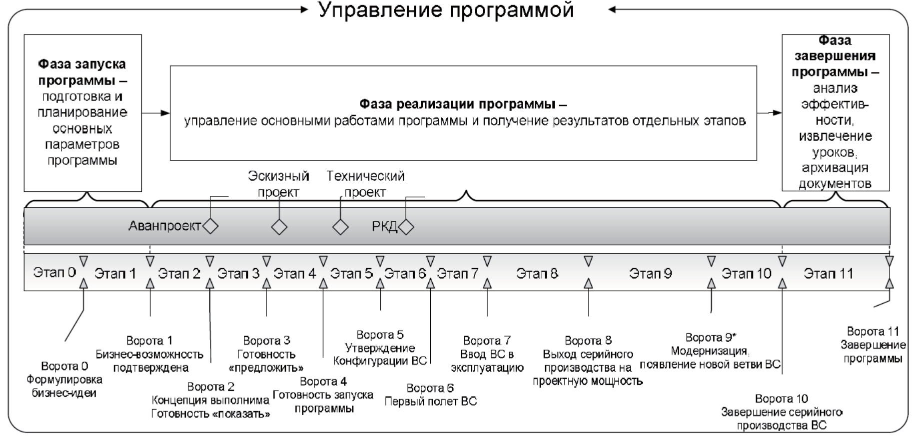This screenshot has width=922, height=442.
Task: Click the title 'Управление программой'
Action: click(x=446, y=10)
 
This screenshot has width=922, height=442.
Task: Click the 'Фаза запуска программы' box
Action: click(x=82, y=113)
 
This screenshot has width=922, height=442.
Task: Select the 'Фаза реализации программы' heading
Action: click(x=463, y=104)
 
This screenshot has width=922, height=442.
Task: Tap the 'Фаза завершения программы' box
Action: click(x=835, y=112)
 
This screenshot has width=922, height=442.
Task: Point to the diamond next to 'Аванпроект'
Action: click(x=211, y=227)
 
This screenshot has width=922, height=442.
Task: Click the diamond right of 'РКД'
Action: click(x=406, y=227)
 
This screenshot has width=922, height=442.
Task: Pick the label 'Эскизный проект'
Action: click(x=278, y=184)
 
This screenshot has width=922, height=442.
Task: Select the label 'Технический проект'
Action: click(x=365, y=184)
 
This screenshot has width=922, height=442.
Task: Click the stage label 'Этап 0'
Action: click(x=54, y=273)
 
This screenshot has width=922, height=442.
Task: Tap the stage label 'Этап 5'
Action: click(x=351, y=274)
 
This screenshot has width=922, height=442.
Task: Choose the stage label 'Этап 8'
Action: click(x=537, y=274)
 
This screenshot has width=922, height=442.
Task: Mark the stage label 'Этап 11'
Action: click(x=828, y=274)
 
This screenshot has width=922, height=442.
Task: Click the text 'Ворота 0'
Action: click(x=64, y=366)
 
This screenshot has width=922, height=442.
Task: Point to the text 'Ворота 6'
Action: click(x=430, y=388)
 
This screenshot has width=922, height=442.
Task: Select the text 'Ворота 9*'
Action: click(x=711, y=338)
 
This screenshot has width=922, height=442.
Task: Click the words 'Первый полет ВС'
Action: click(x=430, y=401)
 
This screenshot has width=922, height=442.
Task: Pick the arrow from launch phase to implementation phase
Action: click(x=156, y=113)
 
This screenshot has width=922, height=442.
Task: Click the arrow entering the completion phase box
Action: click(x=770, y=113)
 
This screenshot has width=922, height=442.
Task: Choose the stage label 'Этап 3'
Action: click(x=238, y=274)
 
